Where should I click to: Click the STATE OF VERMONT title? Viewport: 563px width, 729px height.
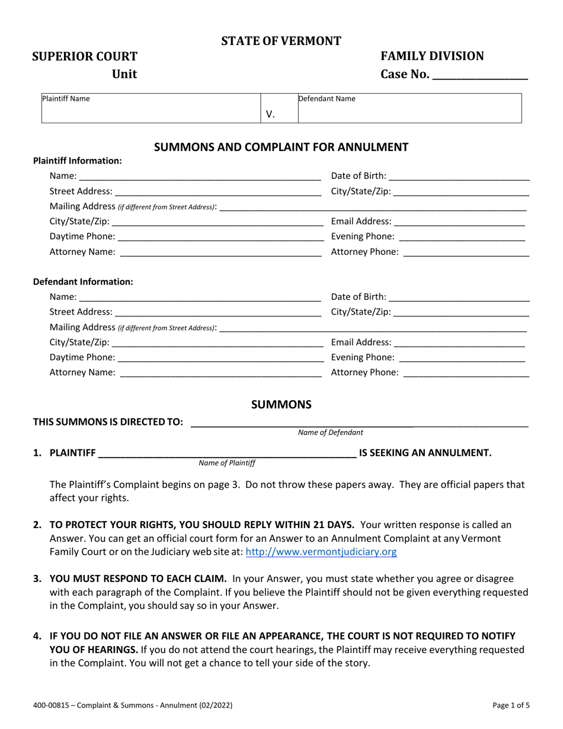point(281,41)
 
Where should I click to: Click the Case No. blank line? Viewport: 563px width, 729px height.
point(481,75)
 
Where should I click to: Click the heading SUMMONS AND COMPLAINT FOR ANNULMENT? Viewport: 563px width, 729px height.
point(281,147)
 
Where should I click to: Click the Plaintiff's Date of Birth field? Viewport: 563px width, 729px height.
point(459,176)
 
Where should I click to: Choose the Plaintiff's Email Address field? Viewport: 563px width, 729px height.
point(459,222)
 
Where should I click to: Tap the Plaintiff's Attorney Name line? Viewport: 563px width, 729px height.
point(220,252)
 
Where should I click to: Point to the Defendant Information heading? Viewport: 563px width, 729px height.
point(83,282)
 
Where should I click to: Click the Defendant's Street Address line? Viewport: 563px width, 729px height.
point(218,312)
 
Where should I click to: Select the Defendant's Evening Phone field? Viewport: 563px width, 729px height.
point(462,357)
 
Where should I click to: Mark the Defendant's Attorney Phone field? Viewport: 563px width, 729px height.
point(466,373)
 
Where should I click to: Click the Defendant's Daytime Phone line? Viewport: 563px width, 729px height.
point(220,357)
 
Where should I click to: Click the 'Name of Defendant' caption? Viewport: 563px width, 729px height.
point(331,433)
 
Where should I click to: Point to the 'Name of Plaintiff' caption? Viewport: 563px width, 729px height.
point(227,463)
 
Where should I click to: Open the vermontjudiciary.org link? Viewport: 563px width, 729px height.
point(321,552)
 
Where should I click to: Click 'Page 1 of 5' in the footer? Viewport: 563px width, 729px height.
point(511,705)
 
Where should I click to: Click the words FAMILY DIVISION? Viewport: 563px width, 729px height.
point(432,56)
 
